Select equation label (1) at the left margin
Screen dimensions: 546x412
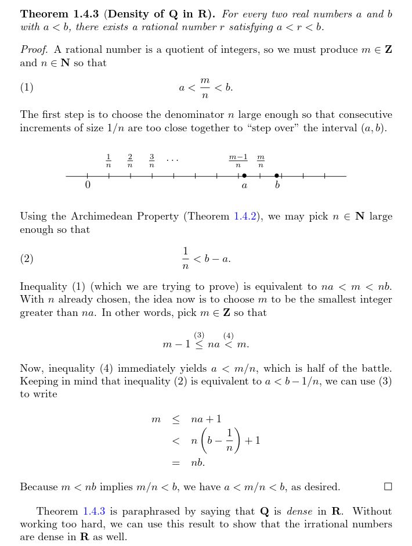click(x=27, y=88)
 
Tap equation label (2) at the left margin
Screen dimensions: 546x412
click(x=27, y=259)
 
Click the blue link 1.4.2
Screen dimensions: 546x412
click(x=244, y=217)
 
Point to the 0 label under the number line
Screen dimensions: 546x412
click(x=88, y=186)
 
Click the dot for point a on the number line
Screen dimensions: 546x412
click(x=244, y=175)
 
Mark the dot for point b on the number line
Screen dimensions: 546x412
click(x=277, y=175)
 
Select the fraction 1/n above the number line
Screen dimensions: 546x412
click(x=109, y=161)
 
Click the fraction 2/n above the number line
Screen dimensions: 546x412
click(x=130, y=161)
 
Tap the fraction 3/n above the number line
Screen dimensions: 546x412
click(x=151, y=161)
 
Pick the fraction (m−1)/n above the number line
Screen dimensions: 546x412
click(x=238, y=161)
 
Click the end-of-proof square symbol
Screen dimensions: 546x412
click(x=388, y=486)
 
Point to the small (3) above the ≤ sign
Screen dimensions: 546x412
click(x=200, y=335)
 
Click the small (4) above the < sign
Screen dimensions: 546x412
click(x=228, y=335)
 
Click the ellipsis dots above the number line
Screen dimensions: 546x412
click(x=172, y=159)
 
